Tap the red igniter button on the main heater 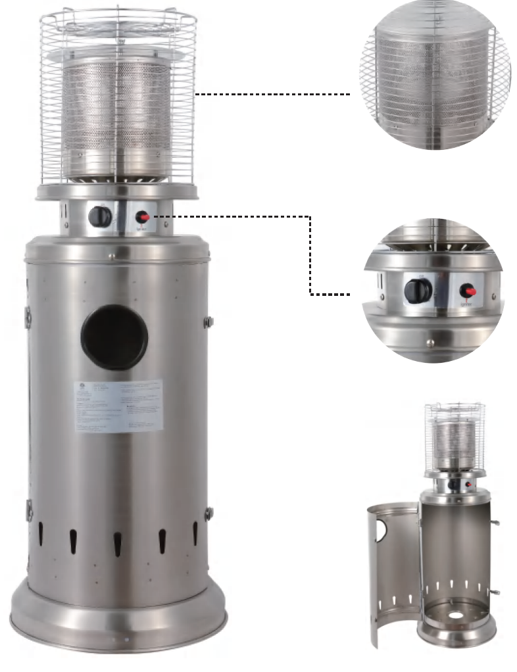(143, 216)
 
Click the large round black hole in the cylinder (114, 338)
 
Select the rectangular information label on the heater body (118, 405)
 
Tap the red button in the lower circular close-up (469, 290)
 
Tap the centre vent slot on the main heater (118, 542)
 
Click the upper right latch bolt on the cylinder (209, 322)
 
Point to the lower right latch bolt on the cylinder (209, 513)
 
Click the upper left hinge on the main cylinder (28, 316)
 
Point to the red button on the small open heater (468, 485)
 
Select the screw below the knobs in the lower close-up (430, 341)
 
